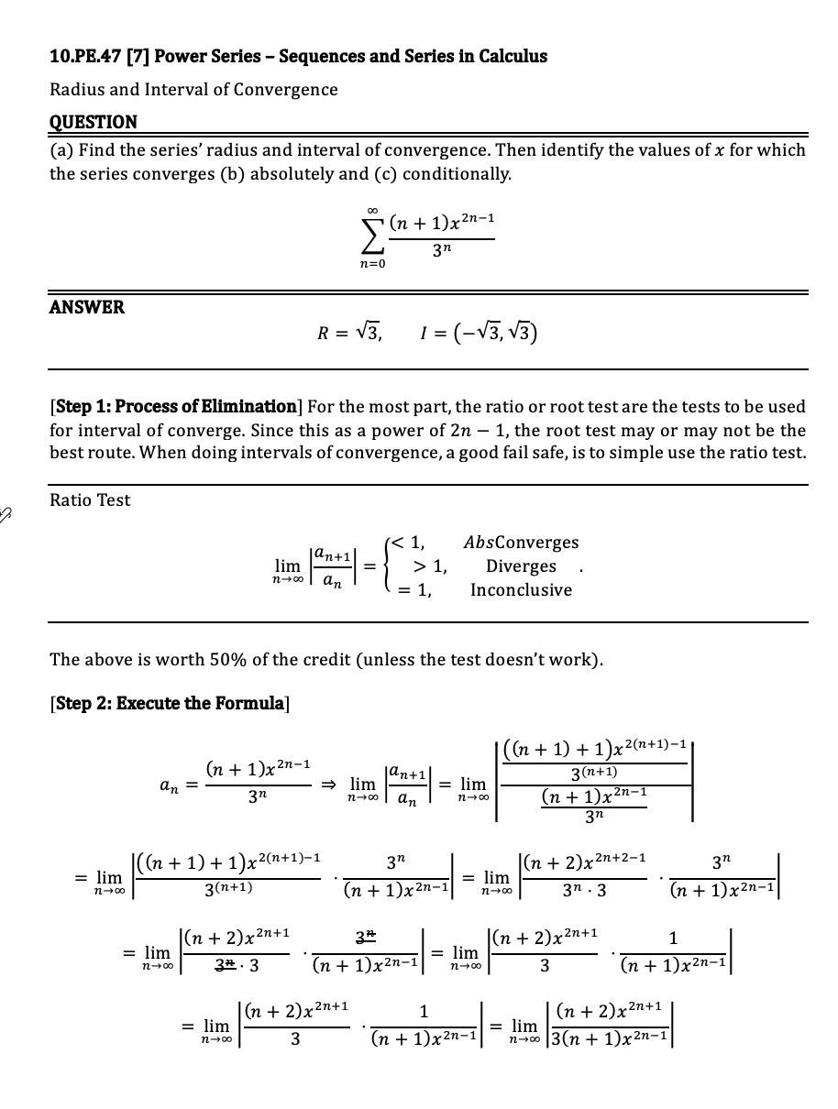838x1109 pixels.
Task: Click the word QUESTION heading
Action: pyautogui.click(x=93, y=122)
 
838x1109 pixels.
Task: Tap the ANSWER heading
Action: pyautogui.click(x=86, y=307)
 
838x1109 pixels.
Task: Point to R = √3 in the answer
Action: pyautogui.click(x=349, y=331)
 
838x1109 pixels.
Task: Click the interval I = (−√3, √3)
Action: pyautogui.click(x=476, y=331)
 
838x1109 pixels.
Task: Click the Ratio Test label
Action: pyautogui.click(x=90, y=500)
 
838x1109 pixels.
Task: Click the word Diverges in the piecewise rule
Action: pyautogui.click(x=521, y=566)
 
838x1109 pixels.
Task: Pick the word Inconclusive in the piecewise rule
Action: pyautogui.click(x=521, y=590)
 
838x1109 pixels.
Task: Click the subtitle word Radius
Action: pyautogui.click(x=75, y=90)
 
